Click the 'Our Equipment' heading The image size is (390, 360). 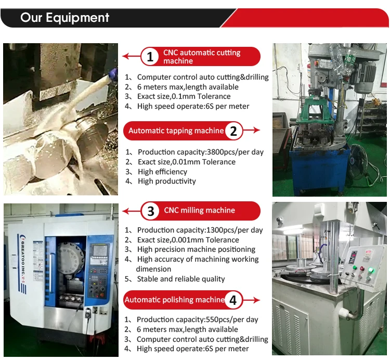pyautogui.click(x=64, y=18)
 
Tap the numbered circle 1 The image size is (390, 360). pyautogui.click(x=150, y=57)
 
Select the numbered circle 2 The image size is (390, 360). pyautogui.click(x=233, y=131)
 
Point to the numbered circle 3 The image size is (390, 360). pyautogui.click(x=150, y=211)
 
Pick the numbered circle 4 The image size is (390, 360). pyautogui.click(x=233, y=300)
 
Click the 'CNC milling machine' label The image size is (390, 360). pyautogui.click(x=200, y=210)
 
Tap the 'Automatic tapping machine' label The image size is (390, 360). pyautogui.click(x=176, y=131)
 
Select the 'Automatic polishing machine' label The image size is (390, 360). pyautogui.click(x=174, y=300)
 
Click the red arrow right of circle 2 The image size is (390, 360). pyautogui.click(x=251, y=130)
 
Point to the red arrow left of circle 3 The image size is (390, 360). pyautogui.click(x=132, y=211)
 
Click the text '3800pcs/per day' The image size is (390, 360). pyautogui.click(x=235, y=152)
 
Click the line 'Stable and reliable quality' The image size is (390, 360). pyautogui.click(x=181, y=279)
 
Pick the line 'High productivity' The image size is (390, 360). pyautogui.click(x=167, y=181)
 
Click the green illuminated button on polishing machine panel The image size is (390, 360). pyautogui.click(x=371, y=270)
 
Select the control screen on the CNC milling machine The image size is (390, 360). pyautogui.click(x=100, y=250)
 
